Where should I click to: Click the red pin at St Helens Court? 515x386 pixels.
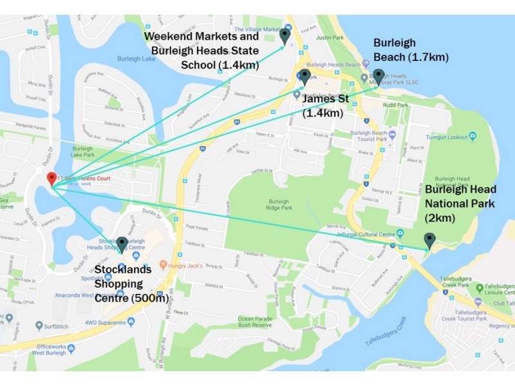51,178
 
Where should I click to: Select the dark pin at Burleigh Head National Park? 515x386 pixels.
429,240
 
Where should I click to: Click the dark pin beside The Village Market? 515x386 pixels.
285,36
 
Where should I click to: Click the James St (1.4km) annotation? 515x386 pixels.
323,106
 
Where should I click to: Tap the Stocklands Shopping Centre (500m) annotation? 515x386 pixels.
131,284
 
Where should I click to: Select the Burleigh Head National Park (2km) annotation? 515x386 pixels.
460,204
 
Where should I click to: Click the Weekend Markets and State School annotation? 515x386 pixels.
201,50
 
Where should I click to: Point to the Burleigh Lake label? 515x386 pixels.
136,59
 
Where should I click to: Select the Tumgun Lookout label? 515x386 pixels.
451,136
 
